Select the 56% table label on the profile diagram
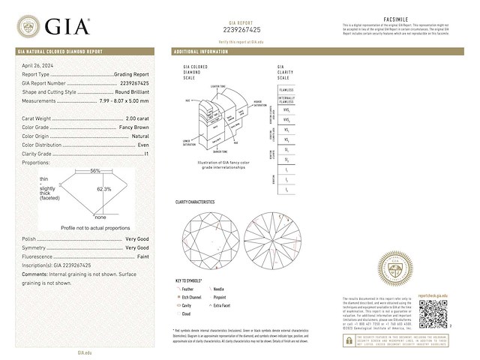click(x=95, y=171)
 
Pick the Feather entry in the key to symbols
click(x=188, y=288)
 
